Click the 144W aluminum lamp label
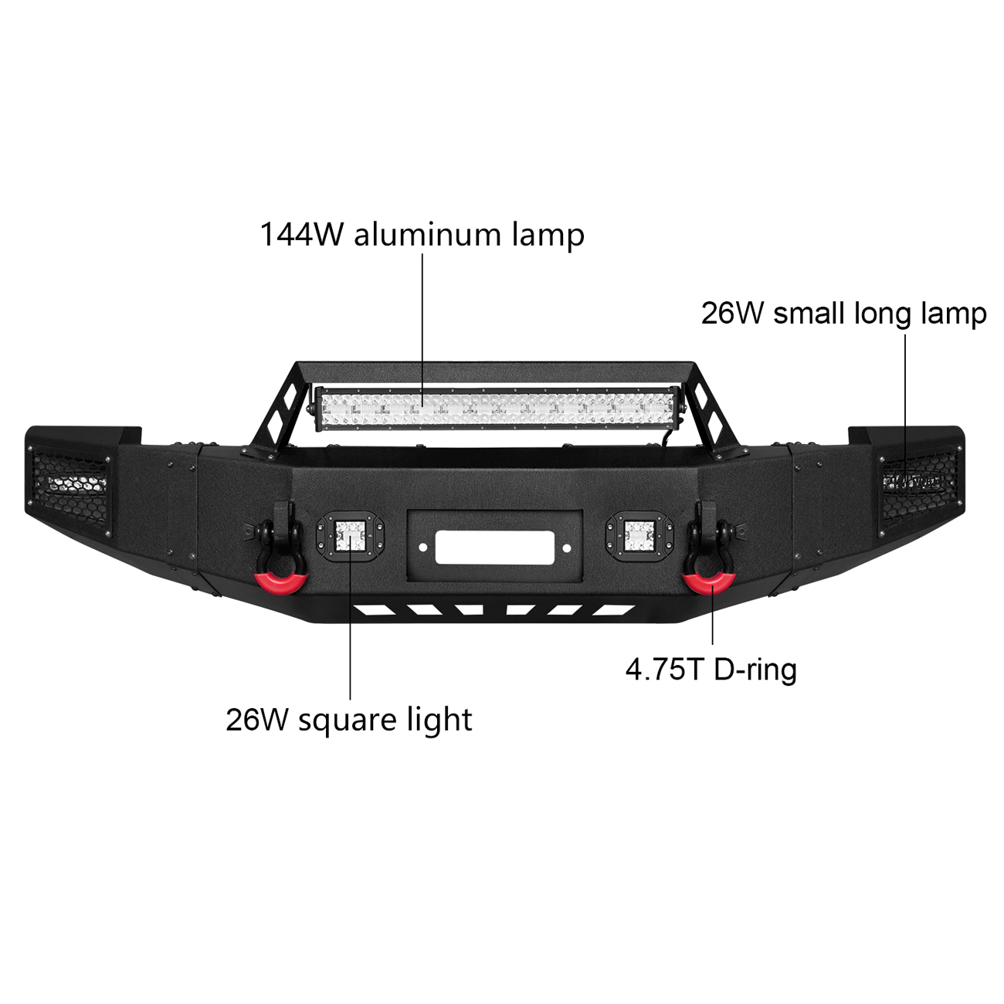pyautogui.click(x=422, y=236)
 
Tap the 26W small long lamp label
pyautogui.click(x=843, y=314)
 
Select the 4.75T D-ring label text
pyautogui.click(x=711, y=670)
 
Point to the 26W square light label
pyautogui.click(x=348, y=721)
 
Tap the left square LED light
pyautogui.click(x=351, y=537)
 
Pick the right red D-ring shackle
pyautogui.click(x=710, y=583)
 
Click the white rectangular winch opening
pyautogui.click(x=494, y=547)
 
